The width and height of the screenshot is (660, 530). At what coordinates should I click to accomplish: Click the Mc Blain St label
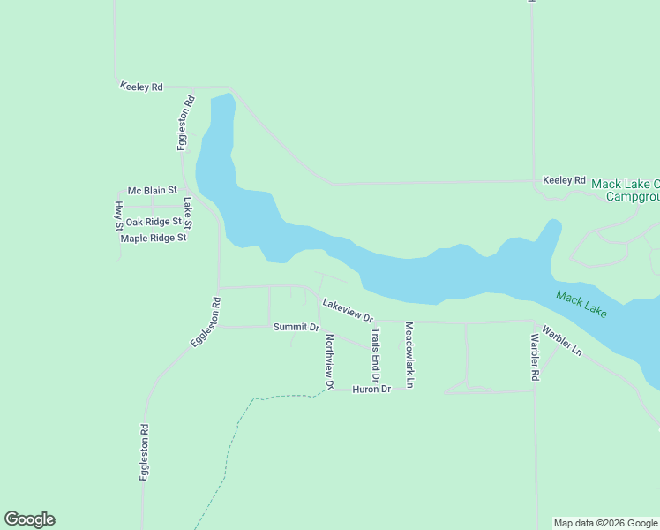(153, 190)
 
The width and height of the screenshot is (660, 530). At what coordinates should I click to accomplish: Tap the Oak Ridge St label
(154, 222)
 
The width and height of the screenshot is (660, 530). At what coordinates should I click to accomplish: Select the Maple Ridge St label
(154, 238)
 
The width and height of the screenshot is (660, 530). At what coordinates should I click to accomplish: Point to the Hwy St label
(119, 216)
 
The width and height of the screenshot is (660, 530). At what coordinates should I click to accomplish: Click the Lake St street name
(188, 213)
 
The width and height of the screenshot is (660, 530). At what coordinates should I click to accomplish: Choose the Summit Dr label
(296, 327)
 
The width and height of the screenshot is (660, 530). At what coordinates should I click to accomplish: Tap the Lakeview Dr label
(348, 310)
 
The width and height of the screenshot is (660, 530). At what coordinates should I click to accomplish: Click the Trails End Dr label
(376, 360)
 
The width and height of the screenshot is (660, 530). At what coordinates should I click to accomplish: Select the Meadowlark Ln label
(409, 355)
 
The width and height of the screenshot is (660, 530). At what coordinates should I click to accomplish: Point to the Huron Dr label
(371, 389)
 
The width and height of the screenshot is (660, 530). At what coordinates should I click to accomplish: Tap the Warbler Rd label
(535, 357)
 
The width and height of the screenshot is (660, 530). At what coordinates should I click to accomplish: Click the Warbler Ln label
(562, 341)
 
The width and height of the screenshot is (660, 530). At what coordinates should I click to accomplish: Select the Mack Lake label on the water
(581, 305)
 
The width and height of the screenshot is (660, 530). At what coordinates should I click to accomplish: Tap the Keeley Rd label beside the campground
(564, 180)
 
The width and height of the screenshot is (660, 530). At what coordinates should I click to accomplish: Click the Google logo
(29, 519)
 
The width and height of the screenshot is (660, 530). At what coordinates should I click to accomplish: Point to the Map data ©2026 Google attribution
(606, 523)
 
